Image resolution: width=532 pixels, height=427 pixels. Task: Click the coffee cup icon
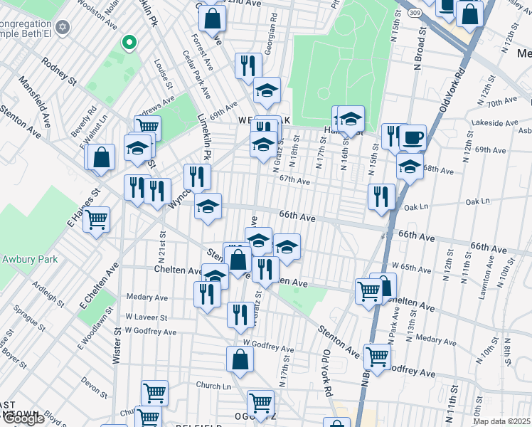click(412, 137)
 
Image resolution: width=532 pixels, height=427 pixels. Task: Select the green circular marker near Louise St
click(129, 44)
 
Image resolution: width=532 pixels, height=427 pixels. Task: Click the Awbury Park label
click(29, 259)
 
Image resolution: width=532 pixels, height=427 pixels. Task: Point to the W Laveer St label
click(145, 317)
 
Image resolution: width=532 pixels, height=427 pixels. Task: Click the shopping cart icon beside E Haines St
click(96, 220)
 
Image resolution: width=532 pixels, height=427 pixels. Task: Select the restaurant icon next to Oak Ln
click(382, 196)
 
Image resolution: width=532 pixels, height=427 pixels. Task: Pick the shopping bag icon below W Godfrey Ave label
click(240, 359)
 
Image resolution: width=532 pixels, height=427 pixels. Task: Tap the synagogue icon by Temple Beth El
click(63, 27)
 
